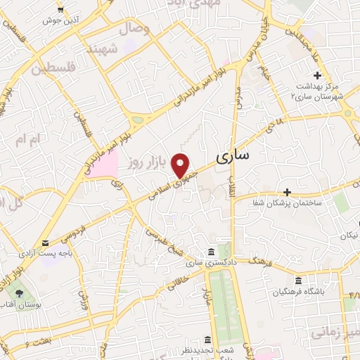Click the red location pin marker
point(181,165)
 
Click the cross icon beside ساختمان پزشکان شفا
point(287,191)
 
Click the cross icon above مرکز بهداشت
point(318,75)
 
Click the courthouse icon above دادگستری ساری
point(211,252)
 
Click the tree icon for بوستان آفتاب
point(19,294)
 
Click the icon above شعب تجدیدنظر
point(207,339)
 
